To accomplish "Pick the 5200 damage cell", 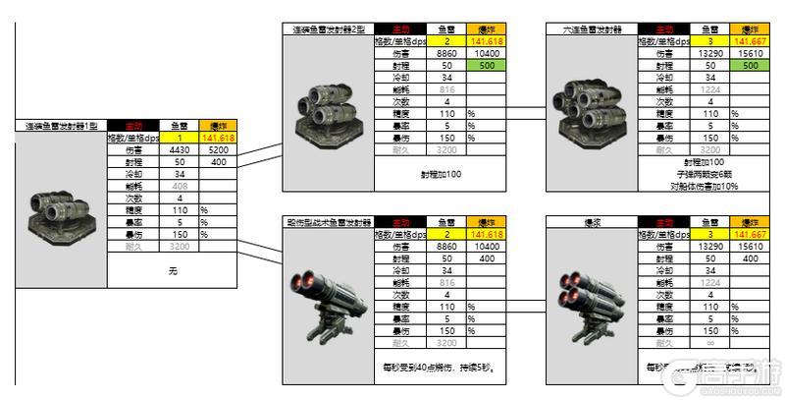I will pyautogui.click(x=218, y=150).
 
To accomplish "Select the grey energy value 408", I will pyautogui.click(x=180, y=186).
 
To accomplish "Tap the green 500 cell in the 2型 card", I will pyautogui.click(x=486, y=65).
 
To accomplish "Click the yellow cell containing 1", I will pyautogui.click(x=180, y=139).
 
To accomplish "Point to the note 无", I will pyautogui.click(x=172, y=268).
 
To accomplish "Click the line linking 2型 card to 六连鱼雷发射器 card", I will pyautogui.click(x=526, y=110).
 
